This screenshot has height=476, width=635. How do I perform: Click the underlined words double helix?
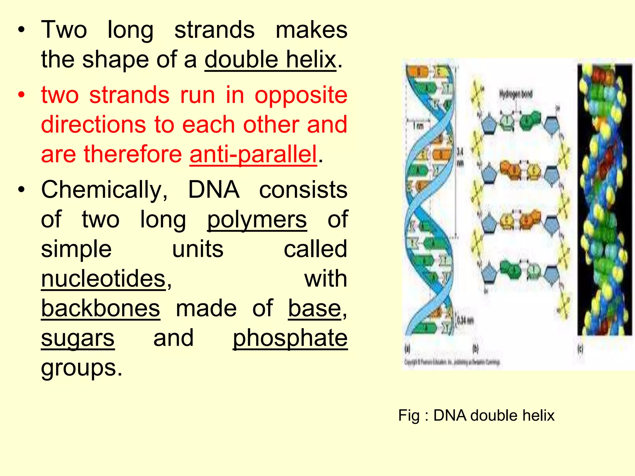tap(270, 59)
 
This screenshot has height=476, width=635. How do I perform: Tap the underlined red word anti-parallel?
tap(253, 154)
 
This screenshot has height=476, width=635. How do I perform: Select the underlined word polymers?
tap(257, 219)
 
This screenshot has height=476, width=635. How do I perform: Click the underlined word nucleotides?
tap(104, 279)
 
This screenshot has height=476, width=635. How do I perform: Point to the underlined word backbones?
tap(101, 308)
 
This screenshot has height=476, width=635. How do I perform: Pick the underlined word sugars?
tap(78, 338)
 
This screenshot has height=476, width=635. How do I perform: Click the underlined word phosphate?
tap(290, 338)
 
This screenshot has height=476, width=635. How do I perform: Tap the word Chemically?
tap(104, 190)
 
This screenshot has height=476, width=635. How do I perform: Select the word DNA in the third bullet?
tap(214, 190)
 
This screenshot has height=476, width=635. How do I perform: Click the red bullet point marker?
tap(21, 95)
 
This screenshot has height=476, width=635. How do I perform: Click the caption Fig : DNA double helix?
tap(476, 415)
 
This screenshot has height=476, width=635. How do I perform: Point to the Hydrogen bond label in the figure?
tap(516, 94)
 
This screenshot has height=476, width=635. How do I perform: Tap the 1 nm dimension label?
tap(418, 126)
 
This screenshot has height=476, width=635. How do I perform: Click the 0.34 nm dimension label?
tap(465, 320)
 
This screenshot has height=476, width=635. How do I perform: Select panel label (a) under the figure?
tap(408, 349)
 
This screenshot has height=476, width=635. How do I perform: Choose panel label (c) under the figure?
tap(580, 349)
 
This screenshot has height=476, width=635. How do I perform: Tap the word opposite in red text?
tap(301, 95)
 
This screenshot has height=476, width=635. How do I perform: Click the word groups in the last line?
tap(82, 368)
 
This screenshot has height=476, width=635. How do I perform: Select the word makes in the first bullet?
tap(311, 30)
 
